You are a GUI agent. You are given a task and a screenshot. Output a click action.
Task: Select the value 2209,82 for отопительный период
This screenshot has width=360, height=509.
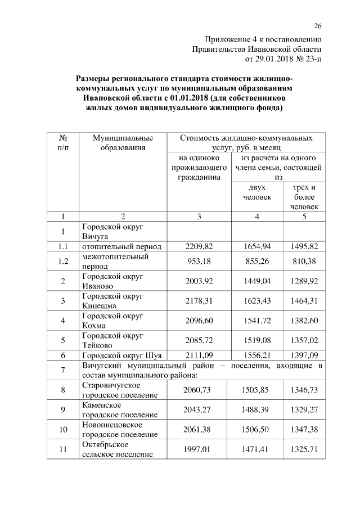(197, 246)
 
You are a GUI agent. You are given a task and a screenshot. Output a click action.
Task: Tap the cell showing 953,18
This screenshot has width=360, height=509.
(197, 262)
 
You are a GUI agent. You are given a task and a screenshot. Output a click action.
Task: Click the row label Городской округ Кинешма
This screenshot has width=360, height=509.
(113, 301)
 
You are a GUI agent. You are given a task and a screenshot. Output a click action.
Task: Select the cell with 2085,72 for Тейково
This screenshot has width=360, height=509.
(197, 340)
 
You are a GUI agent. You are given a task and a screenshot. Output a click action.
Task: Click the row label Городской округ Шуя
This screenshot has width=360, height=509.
(121, 355)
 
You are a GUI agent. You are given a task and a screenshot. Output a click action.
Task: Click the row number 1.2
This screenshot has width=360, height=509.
(63, 262)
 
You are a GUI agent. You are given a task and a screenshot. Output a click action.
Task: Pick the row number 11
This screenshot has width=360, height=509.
(63, 449)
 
